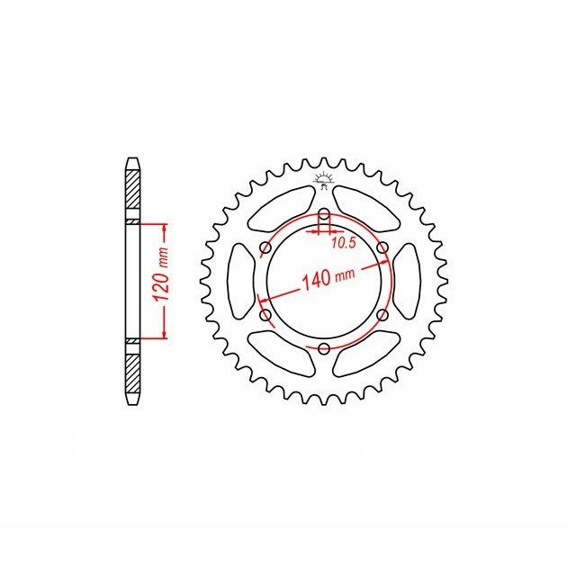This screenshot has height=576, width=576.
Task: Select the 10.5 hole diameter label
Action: [343, 243]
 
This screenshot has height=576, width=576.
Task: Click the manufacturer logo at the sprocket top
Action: [323, 180]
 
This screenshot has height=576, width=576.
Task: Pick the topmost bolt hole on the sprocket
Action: [323, 214]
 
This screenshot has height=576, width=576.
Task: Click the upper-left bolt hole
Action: [265, 248]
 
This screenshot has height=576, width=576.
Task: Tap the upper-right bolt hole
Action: [382, 248]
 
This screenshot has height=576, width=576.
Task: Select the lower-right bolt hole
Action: [382, 315]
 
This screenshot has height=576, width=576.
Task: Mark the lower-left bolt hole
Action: [265, 315]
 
